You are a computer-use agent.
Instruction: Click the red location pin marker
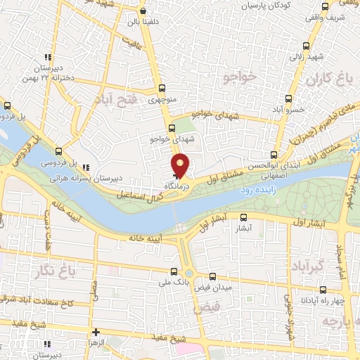[181, 165]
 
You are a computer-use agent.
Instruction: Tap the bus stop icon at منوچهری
[162, 89]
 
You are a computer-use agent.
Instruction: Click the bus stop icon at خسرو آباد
[288, 100]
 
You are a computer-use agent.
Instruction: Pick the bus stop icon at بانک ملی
[174, 271]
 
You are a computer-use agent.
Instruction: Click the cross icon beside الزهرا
[96, 331]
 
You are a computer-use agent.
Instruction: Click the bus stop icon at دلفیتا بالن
[143, 11]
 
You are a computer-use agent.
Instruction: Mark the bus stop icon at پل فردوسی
[58, 150]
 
